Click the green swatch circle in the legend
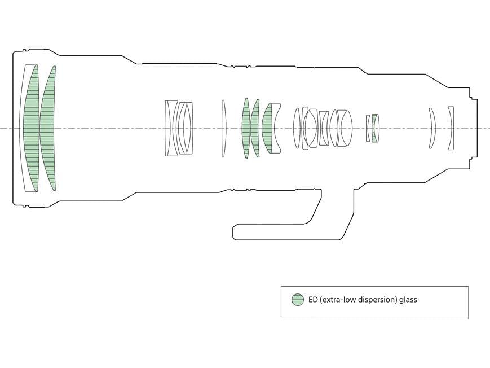pos(298,300)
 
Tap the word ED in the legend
pos(313,300)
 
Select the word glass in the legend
pos(408,300)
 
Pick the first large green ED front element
pos(31,128)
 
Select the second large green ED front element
pos(47,128)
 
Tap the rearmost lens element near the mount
pos(451,128)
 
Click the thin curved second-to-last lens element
pos(432,128)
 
